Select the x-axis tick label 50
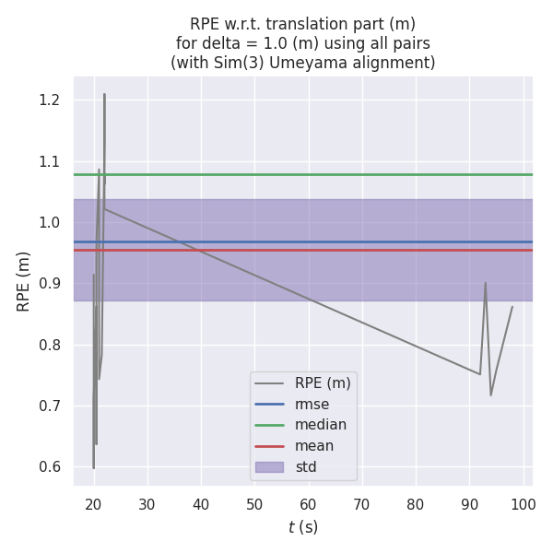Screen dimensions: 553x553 point(254,504)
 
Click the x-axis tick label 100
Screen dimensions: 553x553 point(524,504)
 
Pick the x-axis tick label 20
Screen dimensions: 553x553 point(93,504)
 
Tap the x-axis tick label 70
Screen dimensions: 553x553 point(362,504)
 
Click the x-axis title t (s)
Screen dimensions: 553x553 point(303,527)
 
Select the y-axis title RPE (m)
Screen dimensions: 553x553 point(24,281)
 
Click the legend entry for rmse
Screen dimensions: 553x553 point(312,404)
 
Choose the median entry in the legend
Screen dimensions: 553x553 point(321,425)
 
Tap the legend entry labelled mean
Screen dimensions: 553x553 point(314,446)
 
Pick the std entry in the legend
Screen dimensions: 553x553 point(306,467)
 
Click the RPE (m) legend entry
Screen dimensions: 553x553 point(323,382)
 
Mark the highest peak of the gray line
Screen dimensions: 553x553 point(104,94)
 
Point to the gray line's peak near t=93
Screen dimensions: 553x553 point(486,283)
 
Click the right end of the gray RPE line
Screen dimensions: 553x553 point(512,307)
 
